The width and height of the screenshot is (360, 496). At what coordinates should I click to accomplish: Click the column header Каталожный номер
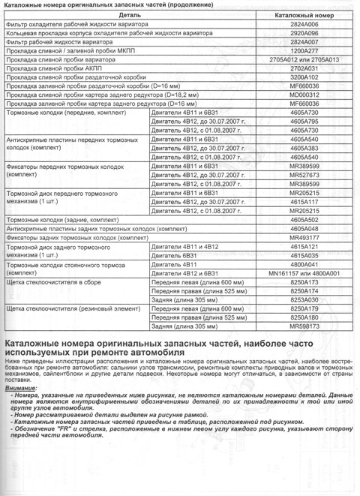[304, 14]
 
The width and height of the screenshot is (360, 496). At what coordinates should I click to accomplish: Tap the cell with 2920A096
[304, 35]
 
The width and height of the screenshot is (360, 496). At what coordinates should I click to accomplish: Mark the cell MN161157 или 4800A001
[304, 273]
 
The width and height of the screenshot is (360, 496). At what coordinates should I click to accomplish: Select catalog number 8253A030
[304, 299]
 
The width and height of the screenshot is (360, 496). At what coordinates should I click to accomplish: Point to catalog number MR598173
[304, 326]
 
